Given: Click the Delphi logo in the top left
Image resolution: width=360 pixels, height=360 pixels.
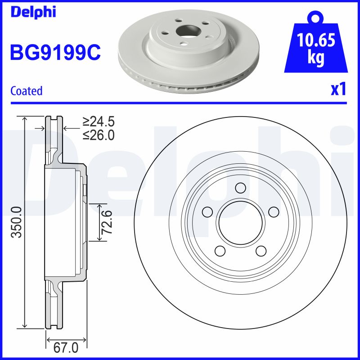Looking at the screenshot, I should (x=32, y=12).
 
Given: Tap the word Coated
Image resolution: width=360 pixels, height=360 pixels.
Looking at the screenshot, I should (x=26, y=91).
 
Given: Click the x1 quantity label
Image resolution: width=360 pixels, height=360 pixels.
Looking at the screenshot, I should (x=338, y=90).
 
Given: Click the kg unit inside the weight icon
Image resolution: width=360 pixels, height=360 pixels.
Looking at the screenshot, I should (x=316, y=59).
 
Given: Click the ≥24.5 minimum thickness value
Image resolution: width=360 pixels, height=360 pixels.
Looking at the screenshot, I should (x=99, y=121).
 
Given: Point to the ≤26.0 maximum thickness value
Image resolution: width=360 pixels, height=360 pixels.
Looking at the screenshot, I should (x=99, y=135).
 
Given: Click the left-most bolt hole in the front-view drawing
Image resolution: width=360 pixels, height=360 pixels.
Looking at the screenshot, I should (x=207, y=211).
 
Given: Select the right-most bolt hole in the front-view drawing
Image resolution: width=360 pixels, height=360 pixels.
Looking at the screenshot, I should (x=273, y=211).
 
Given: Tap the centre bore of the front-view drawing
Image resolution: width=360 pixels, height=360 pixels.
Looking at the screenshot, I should (x=240, y=222).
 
